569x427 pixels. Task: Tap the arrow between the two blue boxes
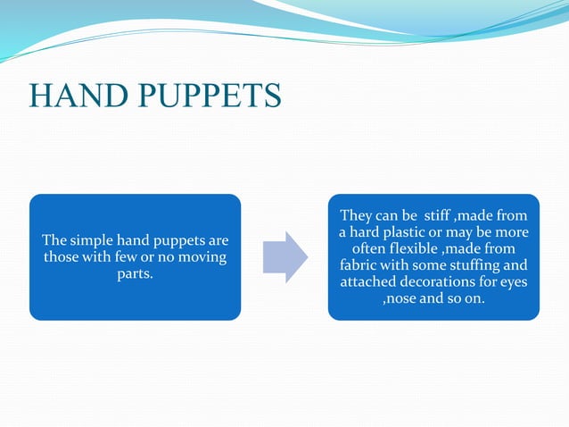pos(284,257)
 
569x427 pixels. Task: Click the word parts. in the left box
pos(135,273)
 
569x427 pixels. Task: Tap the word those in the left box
pos(62,257)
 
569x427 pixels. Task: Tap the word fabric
pos(360,265)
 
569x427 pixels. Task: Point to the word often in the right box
pos(372,249)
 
